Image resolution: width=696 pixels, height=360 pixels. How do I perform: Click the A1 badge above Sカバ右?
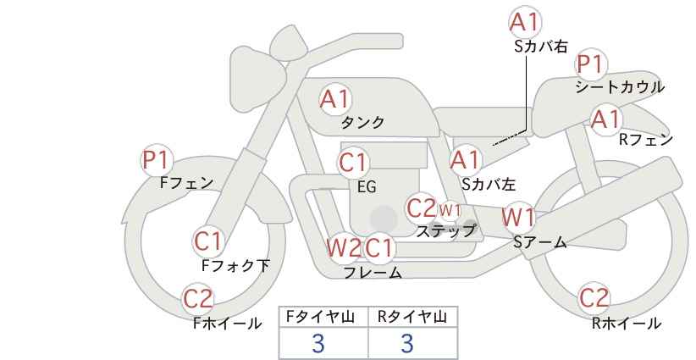tap(526, 22)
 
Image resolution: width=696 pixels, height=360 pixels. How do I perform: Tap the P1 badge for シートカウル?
tap(590, 64)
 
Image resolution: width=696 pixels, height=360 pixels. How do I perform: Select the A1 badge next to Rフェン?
tap(606, 119)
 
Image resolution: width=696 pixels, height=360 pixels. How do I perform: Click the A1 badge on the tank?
tap(334, 99)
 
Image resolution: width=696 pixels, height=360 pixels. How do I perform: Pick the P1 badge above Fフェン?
tap(157, 159)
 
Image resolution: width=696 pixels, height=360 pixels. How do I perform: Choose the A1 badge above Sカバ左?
tap(465, 159)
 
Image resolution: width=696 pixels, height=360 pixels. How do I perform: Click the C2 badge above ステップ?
tap(422, 208)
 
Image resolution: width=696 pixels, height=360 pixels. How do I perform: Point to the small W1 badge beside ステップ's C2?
tap(450, 209)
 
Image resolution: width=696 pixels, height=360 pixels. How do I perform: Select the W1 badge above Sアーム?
tap(518, 218)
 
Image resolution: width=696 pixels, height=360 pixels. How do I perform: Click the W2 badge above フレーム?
tap(344, 248)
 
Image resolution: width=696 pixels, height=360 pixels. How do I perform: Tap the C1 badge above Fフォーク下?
tap(208, 241)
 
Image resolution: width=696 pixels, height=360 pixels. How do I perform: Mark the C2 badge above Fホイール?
tap(199, 299)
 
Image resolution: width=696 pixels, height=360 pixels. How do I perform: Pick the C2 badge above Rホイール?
tap(594, 299)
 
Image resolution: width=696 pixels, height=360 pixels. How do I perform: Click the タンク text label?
tap(362, 123)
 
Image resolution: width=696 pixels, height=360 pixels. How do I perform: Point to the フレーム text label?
tap(373, 273)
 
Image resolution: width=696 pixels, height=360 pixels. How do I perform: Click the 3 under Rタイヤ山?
tap(407, 343)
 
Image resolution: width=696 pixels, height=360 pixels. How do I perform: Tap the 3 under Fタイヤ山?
tap(318, 343)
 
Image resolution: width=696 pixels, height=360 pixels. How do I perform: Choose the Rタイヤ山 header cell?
tap(412, 317)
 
